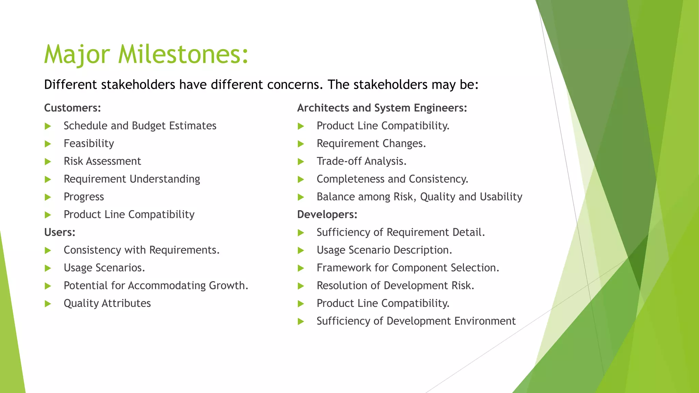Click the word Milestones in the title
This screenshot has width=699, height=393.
pyautogui.click(x=183, y=55)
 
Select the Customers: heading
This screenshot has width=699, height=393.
pyautogui.click(x=72, y=108)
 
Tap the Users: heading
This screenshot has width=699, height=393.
pyautogui.click(x=60, y=232)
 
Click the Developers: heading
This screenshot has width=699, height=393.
pyautogui.click(x=327, y=215)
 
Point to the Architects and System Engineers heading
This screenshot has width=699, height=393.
pyautogui.click(x=382, y=108)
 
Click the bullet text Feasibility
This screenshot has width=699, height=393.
pyautogui.click(x=89, y=144)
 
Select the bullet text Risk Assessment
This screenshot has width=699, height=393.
pyautogui.click(x=102, y=161)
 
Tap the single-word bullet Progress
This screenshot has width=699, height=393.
pyautogui.click(x=84, y=197)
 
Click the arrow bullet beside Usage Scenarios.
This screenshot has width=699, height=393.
pyautogui.click(x=48, y=268)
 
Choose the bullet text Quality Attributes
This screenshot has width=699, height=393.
pyautogui.click(x=107, y=303)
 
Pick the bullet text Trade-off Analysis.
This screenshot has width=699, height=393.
pyautogui.click(x=361, y=161)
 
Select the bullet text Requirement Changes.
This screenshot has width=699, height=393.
pyautogui.click(x=371, y=144)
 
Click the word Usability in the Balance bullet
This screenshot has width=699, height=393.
pyautogui.click(x=501, y=197)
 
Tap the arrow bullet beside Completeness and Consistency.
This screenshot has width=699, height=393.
pyautogui.click(x=301, y=179)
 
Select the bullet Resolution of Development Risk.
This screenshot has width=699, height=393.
pyautogui.click(x=395, y=286)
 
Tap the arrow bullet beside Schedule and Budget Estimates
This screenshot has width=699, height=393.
pyautogui.click(x=48, y=126)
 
